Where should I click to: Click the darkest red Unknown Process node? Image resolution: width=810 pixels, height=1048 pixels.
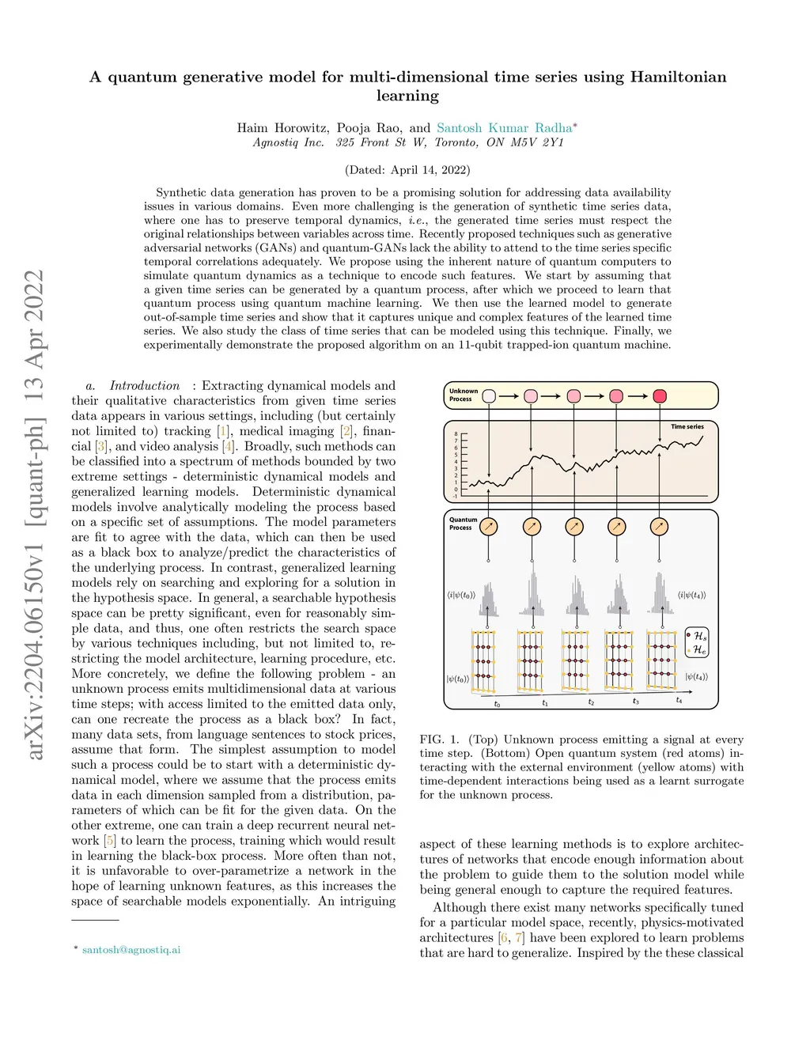(660, 396)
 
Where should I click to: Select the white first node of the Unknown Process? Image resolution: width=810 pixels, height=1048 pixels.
(489, 396)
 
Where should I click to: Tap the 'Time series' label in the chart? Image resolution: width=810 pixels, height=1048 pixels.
(687, 427)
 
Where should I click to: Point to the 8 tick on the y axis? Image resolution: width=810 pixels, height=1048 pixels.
(456, 434)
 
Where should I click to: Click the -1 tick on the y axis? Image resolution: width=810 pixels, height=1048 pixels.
(456, 496)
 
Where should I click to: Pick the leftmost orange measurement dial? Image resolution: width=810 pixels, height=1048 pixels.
(489, 527)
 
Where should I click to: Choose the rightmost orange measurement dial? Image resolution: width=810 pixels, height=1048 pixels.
(659, 527)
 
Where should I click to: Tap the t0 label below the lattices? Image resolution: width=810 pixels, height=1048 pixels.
(497, 703)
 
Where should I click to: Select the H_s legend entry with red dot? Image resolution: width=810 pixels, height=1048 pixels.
(697, 636)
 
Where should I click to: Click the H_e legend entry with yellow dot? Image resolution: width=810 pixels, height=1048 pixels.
(697, 650)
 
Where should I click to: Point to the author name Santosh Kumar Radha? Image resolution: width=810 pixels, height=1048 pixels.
(504, 127)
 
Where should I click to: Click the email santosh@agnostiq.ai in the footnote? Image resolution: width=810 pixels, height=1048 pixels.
(131, 949)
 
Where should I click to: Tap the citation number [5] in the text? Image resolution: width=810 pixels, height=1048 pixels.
(110, 840)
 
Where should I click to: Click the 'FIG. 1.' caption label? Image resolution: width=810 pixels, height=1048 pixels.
(439, 740)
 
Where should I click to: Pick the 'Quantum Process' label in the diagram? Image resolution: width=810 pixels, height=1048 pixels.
(463, 524)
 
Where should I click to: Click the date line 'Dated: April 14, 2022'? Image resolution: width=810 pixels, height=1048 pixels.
(407, 169)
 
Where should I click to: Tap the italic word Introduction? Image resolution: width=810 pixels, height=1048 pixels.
(145, 385)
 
